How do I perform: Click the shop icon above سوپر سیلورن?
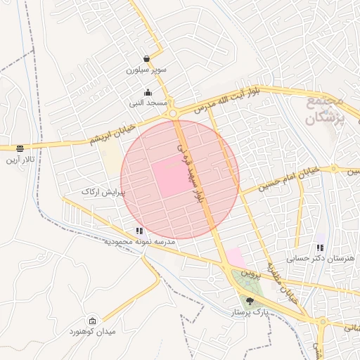(x=146, y=58)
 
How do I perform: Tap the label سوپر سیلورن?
(x=146, y=70)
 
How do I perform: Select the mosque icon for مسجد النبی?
(x=148, y=92)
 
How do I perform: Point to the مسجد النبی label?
(x=148, y=103)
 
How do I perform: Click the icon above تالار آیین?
(x=20, y=148)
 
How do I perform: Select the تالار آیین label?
(x=20, y=160)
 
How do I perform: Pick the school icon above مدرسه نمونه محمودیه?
(x=139, y=231)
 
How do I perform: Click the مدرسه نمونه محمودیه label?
(x=139, y=242)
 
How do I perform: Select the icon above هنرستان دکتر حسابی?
(x=321, y=247)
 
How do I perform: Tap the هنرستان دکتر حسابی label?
(x=321, y=259)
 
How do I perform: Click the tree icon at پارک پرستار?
(x=250, y=301)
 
